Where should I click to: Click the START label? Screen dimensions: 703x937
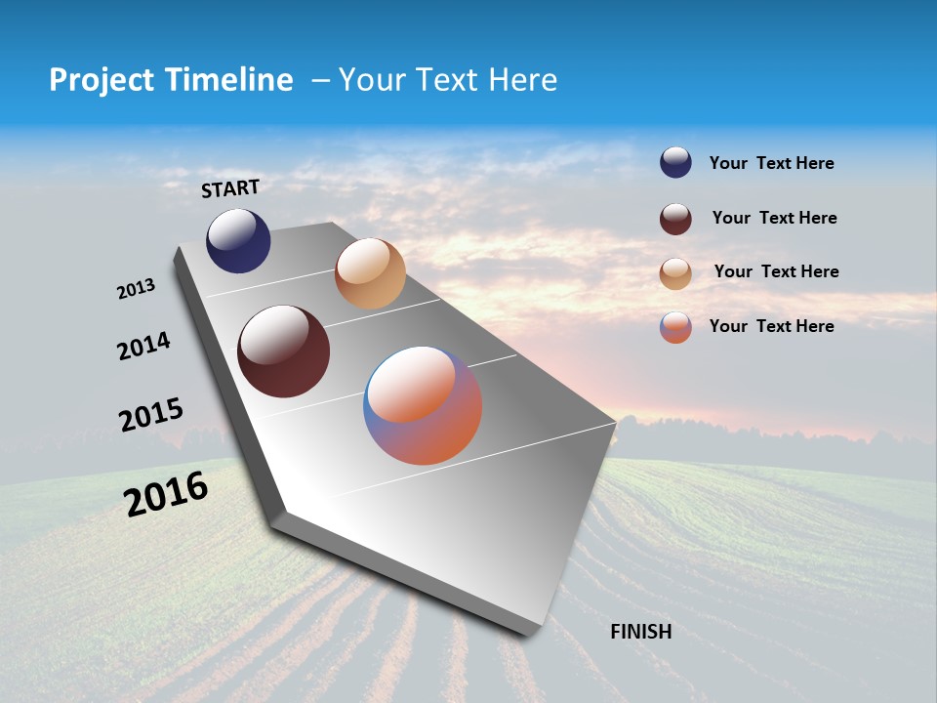click(230, 188)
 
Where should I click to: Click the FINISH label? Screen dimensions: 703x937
click(640, 632)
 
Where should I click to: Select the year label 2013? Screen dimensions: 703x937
click(136, 289)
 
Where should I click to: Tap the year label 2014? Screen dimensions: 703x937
click(143, 346)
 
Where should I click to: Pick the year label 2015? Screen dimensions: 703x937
click(150, 415)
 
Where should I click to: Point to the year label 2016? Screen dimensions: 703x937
click(166, 494)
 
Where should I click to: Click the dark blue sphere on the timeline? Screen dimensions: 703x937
click(238, 241)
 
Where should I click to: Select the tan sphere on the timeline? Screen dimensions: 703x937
click(370, 273)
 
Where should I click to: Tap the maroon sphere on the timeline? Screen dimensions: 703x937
click(283, 351)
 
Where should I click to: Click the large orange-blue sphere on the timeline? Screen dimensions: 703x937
click(423, 405)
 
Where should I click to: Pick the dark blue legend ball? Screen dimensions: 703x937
click(675, 162)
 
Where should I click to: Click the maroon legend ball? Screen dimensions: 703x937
click(675, 218)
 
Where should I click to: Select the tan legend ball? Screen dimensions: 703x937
click(675, 272)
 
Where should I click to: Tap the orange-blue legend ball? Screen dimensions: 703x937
click(675, 327)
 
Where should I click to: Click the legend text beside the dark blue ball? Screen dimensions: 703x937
click(771, 163)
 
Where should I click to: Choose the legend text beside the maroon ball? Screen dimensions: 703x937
click(774, 218)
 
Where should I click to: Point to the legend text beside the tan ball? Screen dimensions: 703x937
click(776, 271)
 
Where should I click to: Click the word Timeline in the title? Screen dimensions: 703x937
click(229, 80)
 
